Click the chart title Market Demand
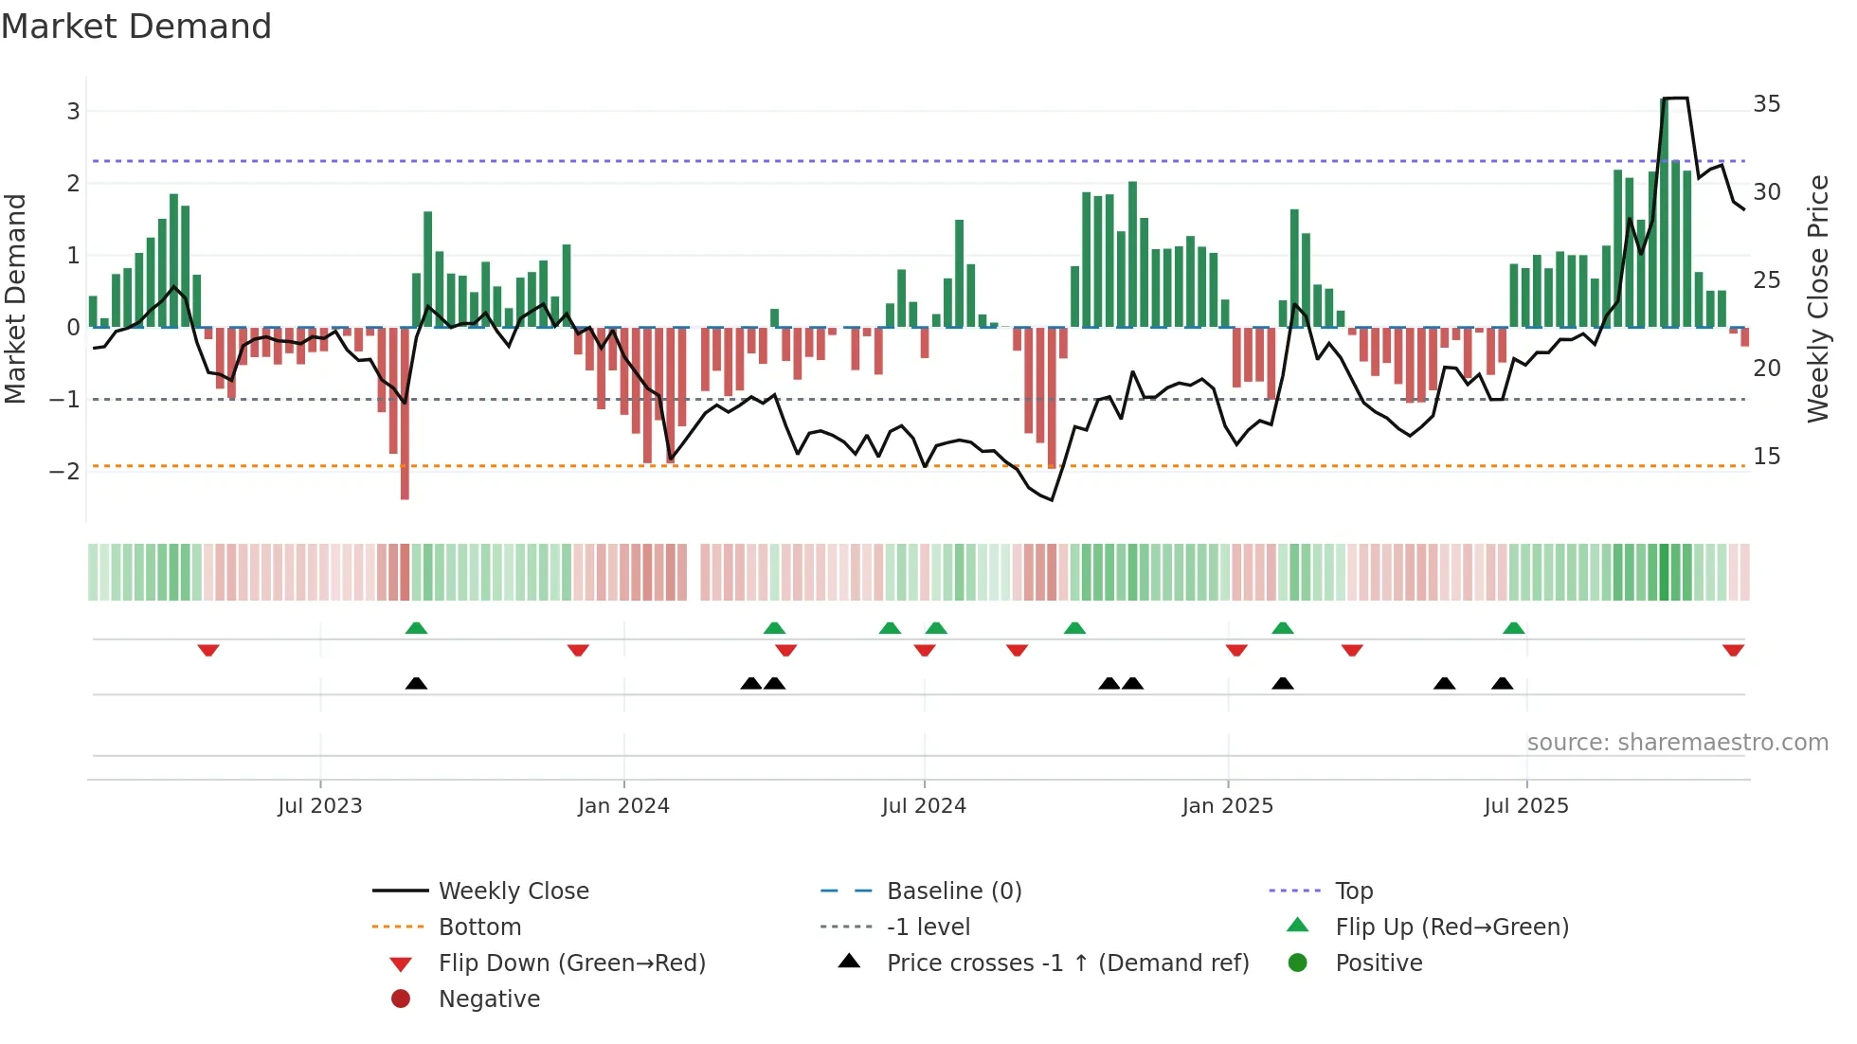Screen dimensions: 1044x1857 (136, 27)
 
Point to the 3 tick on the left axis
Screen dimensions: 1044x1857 (73, 112)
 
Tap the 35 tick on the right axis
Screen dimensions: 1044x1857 (1766, 104)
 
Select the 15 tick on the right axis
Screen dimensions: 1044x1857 (1766, 457)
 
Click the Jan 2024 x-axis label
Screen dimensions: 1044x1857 (623, 806)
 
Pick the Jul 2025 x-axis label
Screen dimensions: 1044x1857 (1525, 806)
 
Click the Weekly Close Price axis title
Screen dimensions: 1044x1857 (1817, 298)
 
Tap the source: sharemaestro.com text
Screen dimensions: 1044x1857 (1677, 743)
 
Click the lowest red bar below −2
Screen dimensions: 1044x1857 (405, 483)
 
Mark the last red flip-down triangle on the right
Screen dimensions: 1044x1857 (1733, 651)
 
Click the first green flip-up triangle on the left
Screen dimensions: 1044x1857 (416, 628)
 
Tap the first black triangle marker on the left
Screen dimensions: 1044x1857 (416, 684)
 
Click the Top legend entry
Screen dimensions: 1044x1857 (1353, 891)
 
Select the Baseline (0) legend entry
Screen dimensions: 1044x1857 (953, 891)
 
